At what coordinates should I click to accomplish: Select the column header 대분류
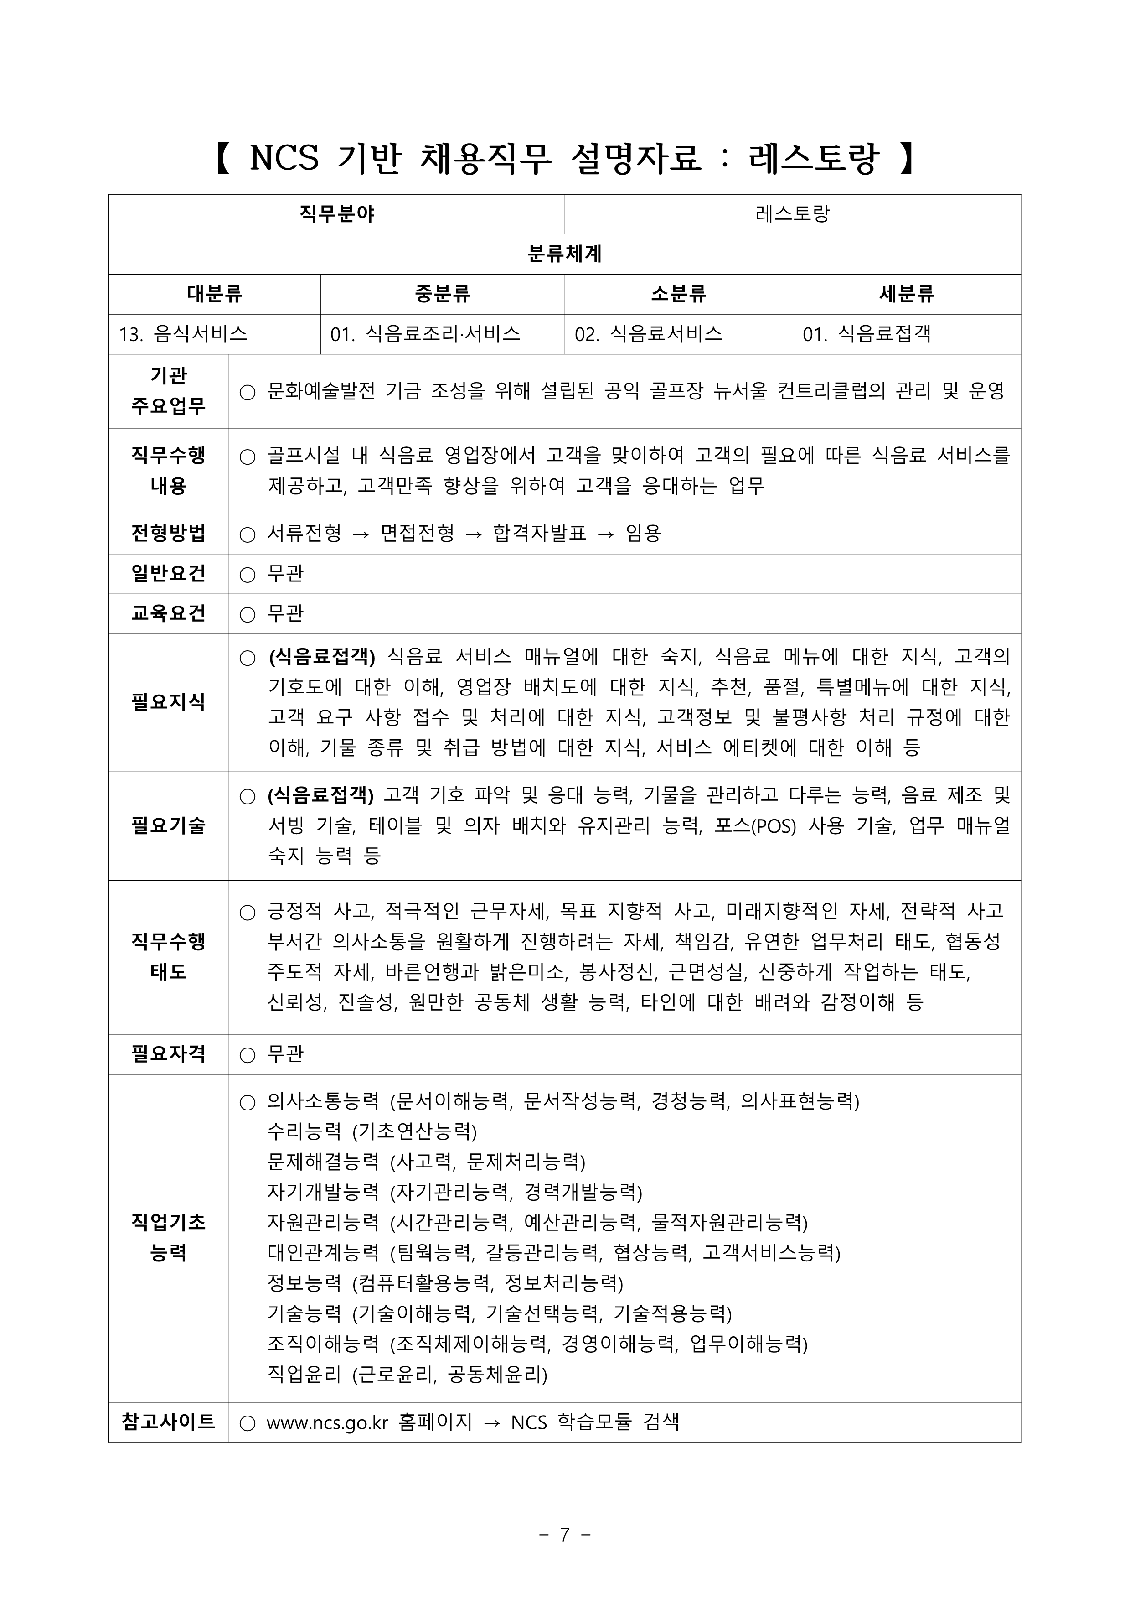coord(214,294)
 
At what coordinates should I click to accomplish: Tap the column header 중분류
coord(443,294)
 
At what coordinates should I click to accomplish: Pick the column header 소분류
coord(678,294)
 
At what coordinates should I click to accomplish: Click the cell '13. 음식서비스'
coord(184,334)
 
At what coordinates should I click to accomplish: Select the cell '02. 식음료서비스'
coord(649,334)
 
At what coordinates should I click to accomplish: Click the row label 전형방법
coord(168,534)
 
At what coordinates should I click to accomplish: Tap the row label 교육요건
coord(168,613)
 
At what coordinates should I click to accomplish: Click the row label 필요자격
coord(168,1054)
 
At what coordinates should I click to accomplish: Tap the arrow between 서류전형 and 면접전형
coord(361,534)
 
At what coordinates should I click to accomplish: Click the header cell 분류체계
coord(564,254)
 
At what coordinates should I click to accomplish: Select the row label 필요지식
coord(168,702)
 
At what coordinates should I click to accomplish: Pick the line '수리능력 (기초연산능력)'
coord(372,1131)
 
